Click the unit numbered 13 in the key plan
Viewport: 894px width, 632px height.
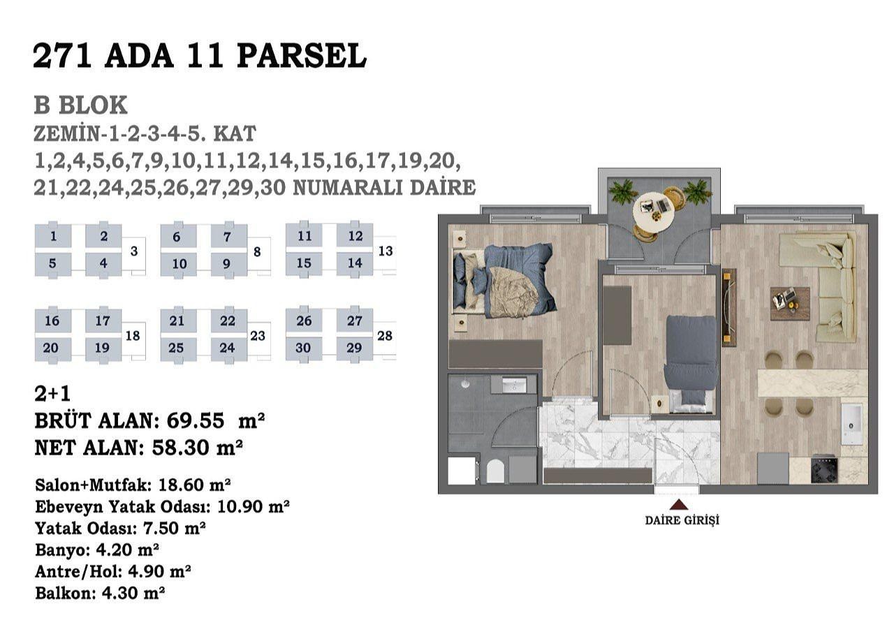386,251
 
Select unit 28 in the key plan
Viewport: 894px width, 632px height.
385,336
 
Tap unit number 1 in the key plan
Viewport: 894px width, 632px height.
53,236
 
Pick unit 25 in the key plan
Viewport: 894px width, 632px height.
176,348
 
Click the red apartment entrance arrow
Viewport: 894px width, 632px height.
679,505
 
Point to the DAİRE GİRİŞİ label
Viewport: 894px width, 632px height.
682,521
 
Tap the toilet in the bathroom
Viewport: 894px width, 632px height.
496,471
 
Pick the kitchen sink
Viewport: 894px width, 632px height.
853,423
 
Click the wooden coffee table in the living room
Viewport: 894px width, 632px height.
790,304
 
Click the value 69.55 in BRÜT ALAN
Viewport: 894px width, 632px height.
195,420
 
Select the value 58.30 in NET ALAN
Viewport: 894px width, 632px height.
180,448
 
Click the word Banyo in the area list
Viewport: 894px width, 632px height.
62,550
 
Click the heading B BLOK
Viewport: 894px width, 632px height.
80,105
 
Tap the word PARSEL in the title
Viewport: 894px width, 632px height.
302,56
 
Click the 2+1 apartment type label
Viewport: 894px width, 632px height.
52,394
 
